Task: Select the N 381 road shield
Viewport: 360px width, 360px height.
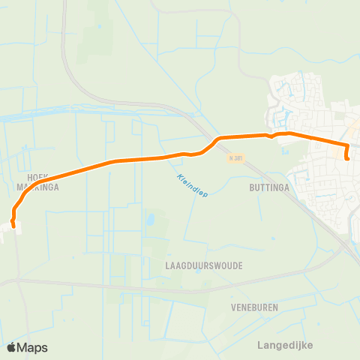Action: [236, 158]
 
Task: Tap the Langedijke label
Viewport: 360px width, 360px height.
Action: [284, 344]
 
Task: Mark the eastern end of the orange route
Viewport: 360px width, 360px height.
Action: [347, 157]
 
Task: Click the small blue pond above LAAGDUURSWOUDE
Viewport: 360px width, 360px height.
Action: [150, 220]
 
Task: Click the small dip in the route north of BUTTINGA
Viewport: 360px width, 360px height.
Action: [271, 137]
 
